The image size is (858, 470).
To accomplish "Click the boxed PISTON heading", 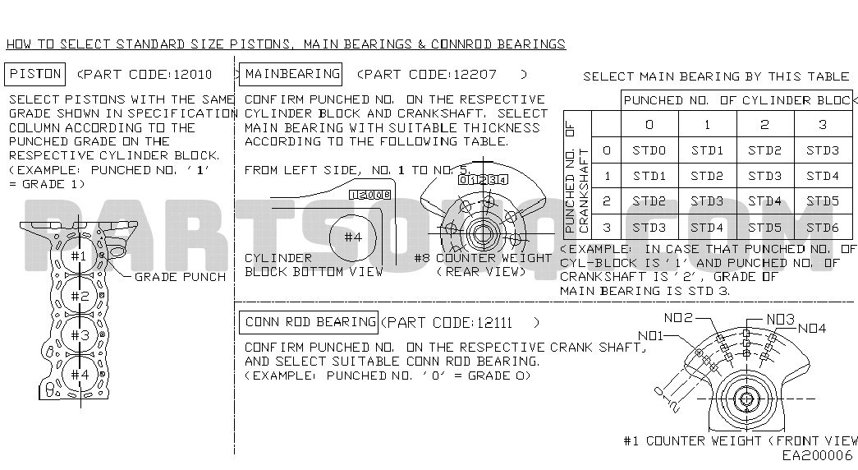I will click(35, 74).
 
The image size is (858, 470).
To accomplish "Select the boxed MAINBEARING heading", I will click(292, 74).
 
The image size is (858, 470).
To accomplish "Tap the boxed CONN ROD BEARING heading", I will click(310, 322).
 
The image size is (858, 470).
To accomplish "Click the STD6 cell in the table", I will click(823, 228).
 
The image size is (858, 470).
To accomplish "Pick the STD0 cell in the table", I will click(649, 151).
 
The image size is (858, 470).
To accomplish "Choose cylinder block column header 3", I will click(823, 125).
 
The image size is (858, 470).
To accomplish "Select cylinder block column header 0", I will click(649, 125).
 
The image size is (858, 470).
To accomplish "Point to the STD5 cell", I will click(764, 228).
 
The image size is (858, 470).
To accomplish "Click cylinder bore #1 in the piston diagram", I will click(79, 256).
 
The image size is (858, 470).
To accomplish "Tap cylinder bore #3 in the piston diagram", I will click(80, 335).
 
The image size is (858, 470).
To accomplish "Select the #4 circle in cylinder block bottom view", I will click(353, 237).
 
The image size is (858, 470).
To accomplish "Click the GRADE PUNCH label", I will click(180, 277).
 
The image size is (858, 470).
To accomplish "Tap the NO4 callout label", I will click(811, 328).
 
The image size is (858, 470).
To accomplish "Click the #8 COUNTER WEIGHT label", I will click(483, 258).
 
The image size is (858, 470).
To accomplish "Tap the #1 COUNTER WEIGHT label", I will click(691, 440).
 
